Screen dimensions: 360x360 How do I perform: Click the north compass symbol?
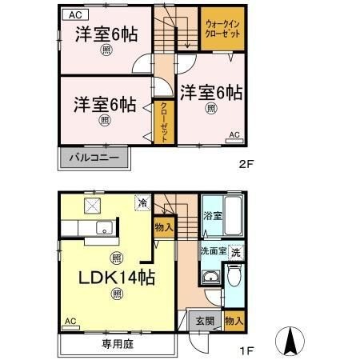[x=290, y=341]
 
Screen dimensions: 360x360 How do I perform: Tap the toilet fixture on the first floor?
[x=234, y=275]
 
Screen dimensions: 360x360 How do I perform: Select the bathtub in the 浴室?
[x=234, y=215]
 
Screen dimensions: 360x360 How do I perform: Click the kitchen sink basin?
[x=105, y=228]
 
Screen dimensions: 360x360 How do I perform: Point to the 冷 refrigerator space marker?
[x=142, y=203]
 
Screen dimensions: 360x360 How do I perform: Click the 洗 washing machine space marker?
[x=236, y=252]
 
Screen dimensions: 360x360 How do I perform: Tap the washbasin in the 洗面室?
[x=211, y=277]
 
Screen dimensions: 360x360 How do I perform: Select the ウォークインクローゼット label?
[x=222, y=29]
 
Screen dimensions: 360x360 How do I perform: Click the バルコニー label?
[x=94, y=158]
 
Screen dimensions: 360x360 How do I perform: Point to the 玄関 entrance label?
[x=205, y=321]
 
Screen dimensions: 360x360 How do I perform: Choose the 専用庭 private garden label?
[x=118, y=344]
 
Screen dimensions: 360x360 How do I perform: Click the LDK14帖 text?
[x=117, y=278]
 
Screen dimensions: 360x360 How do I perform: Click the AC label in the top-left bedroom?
[x=75, y=15]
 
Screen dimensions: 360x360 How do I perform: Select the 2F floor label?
[x=246, y=164]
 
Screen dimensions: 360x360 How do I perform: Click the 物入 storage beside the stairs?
[x=164, y=227]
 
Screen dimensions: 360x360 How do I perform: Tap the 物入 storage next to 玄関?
[x=234, y=321]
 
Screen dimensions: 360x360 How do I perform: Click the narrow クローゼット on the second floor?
[x=164, y=122]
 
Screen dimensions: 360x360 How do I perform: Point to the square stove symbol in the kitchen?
[x=93, y=206]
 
